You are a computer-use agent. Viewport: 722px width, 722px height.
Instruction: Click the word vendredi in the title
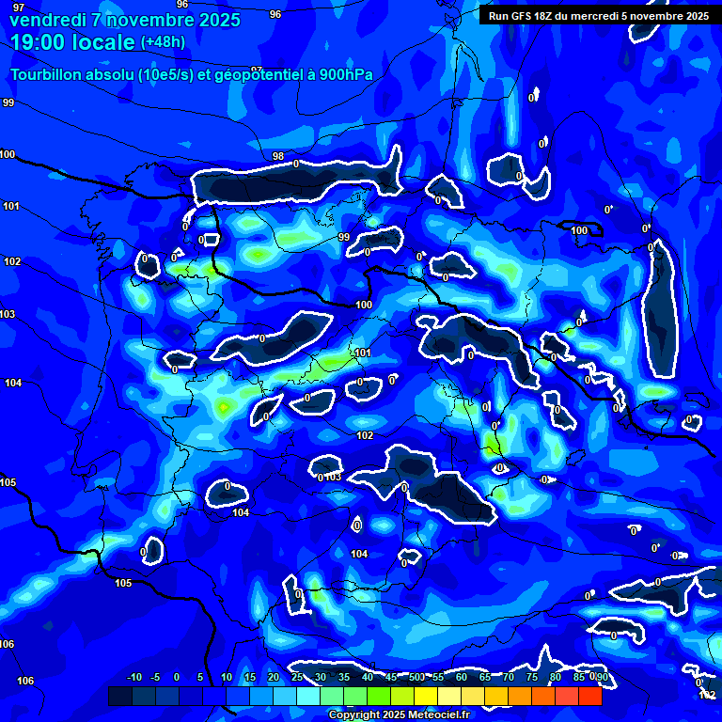click(x=43, y=19)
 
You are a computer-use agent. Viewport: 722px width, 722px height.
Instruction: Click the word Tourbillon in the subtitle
click(x=49, y=75)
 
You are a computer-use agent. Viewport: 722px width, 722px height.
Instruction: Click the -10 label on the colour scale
click(x=133, y=677)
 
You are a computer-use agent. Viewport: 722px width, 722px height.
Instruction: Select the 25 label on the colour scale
click(x=296, y=677)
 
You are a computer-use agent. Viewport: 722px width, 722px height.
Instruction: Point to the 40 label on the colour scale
click(x=367, y=677)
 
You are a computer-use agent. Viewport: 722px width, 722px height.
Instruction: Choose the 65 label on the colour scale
click(x=485, y=677)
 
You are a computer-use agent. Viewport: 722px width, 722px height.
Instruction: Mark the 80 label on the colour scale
click(x=556, y=677)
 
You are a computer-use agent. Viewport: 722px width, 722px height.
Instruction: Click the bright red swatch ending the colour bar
click(x=589, y=696)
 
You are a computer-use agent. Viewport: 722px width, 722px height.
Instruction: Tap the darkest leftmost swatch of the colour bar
click(x=119, y=696)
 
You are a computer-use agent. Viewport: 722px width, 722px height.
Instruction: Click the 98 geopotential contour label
click(x=278, y=156)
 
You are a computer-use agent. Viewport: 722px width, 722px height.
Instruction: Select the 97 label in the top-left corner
click(x=19, y=8)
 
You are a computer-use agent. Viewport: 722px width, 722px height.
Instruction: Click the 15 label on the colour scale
click(x=250, y=677)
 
